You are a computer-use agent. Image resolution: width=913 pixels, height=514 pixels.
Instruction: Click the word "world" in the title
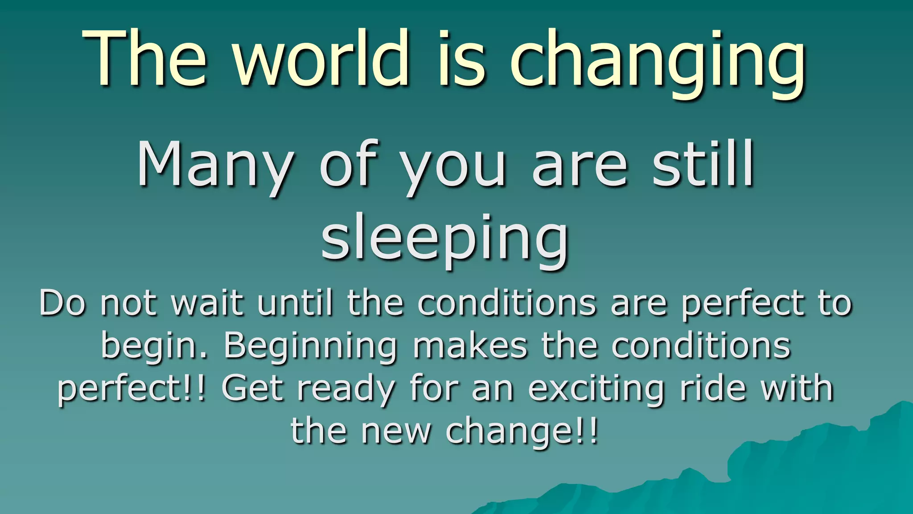[x=321, y=58]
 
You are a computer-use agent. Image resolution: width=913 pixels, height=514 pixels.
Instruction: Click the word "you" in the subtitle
[x=452, y=167]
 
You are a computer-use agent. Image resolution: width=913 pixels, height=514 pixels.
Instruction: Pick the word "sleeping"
[x=445, y=239]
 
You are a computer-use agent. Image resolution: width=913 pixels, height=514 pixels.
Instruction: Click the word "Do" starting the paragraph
[x=62, y=303]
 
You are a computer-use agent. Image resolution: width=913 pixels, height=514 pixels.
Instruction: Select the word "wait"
[x=208, y=303]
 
